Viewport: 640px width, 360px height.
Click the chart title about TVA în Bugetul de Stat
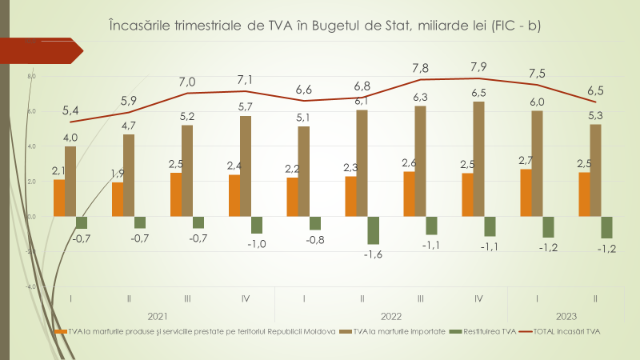324,26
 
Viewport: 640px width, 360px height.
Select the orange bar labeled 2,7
526,193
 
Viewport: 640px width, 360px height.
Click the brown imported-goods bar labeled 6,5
479,158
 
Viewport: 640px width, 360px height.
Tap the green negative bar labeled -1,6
372,230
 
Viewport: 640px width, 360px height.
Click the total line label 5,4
70,109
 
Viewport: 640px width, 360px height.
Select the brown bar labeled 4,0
70,181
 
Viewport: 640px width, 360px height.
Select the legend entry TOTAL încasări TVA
561,330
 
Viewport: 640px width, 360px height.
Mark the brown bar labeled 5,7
246,166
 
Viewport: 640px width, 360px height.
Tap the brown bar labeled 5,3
595,170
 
